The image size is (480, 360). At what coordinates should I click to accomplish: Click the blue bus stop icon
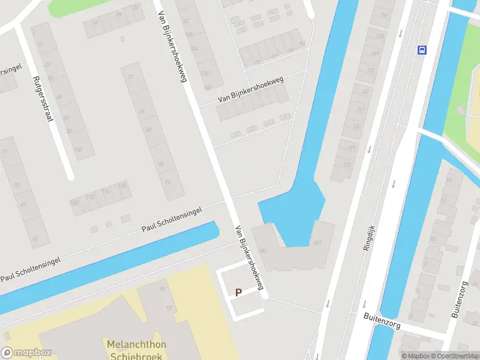click(x=422, y=50)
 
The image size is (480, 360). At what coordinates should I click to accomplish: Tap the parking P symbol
click(x=238, y=293)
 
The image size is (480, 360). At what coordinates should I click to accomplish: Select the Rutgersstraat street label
click(x=43, y=98)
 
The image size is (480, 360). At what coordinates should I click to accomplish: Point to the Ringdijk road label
click(x=369, y=238)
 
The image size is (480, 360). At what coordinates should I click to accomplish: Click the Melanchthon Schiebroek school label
click(x=136, y=350)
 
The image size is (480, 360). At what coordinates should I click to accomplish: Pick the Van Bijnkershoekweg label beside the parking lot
click(x=250, y=257)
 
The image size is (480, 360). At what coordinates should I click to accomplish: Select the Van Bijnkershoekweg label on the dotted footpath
click(x=250, y=89)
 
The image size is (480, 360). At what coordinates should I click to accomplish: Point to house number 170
click(x=261, y=251)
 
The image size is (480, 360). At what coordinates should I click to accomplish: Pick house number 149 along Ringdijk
click(x=376, y=53)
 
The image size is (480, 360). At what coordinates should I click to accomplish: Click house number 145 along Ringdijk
click(x=379, y=36)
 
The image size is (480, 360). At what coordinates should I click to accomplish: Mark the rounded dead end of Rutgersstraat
click(x=70, y=177)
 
